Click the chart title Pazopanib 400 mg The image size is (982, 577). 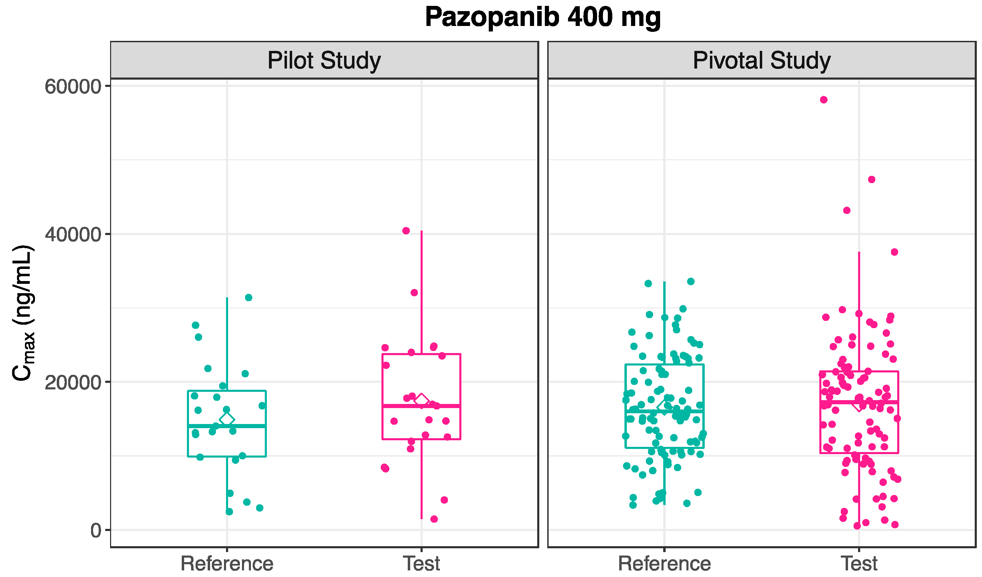[x=542, y=18]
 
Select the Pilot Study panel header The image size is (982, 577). [x=324, y=60]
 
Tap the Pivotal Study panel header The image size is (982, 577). [x=762, y=60]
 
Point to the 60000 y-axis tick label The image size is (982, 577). [x=73, y=86]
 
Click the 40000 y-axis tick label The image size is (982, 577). [x=73, y=234]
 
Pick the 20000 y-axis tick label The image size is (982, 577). [x=73, y=382]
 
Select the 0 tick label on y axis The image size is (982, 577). [x=96, y=531]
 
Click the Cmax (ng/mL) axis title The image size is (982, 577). [x=24, y=313]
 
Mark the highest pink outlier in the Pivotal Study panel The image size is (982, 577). [x=823, y=100]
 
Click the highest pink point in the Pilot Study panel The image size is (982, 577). [x=406, y=231]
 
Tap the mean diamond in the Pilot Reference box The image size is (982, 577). [x=227, y=420]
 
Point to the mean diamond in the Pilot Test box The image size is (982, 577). [x=422, y=400]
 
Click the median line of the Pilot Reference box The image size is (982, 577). [x=210, y=426]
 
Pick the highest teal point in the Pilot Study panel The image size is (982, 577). [x=249, y=298]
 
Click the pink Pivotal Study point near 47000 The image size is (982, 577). [x=872, y=179]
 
